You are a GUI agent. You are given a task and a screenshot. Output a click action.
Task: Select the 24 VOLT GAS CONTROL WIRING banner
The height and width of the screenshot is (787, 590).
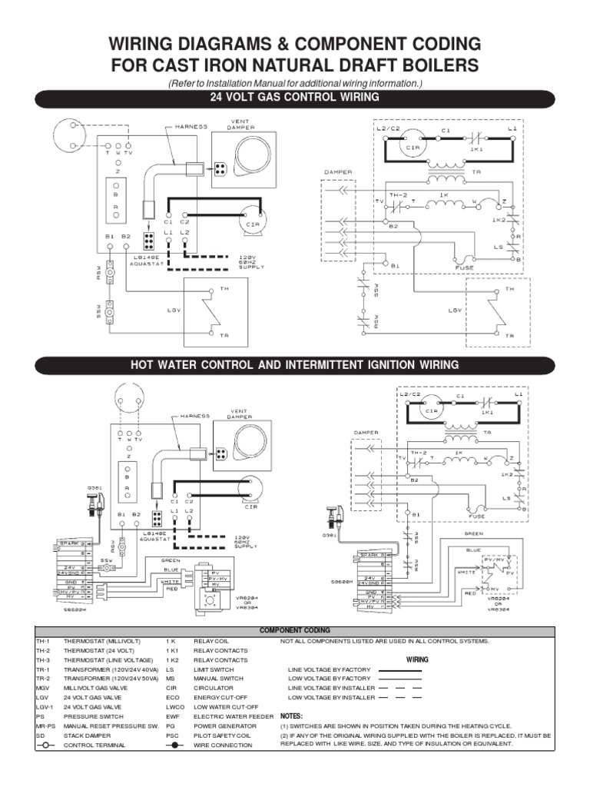[x=294, y=98]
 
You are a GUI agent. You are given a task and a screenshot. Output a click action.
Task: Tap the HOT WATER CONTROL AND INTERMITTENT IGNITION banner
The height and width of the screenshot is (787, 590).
[x=294, y=364]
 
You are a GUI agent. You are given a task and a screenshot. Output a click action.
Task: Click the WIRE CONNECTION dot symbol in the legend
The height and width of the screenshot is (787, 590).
[x=176, y=745]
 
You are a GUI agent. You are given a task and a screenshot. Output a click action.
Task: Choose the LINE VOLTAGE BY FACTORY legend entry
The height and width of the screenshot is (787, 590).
[x=328, y=669]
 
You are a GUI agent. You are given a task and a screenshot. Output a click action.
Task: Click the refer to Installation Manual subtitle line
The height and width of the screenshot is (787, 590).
[x=294, y=83]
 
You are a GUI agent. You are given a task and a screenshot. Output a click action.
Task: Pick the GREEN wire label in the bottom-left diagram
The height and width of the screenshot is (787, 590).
[x=170, y=560]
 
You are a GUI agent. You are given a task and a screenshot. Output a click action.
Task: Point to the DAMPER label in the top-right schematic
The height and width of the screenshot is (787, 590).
[x=338, y=172]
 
